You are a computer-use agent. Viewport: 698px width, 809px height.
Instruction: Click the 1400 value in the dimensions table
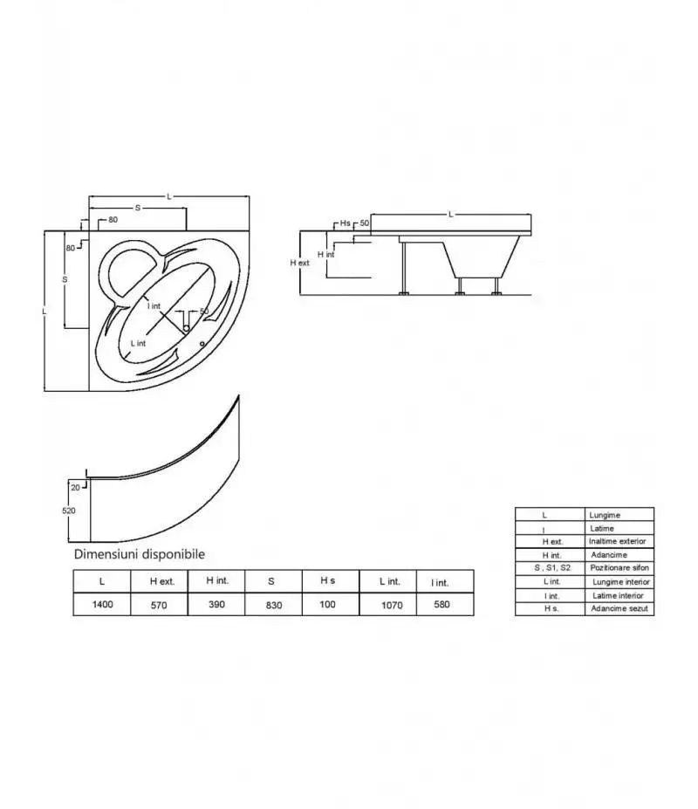pos(102,604)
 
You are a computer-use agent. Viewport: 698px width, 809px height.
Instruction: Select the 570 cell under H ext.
pos(159,605)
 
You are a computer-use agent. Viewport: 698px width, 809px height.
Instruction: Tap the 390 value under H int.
pos(216,604)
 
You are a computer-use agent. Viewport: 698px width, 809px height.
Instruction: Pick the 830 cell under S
pos(274,605)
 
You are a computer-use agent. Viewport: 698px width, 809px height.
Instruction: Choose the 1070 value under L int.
pos(392,605)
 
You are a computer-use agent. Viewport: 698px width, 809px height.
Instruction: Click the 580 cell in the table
pos(441,604)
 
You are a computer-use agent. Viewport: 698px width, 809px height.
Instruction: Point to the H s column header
pos(327,580)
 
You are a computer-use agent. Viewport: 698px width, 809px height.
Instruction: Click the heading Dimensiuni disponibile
pos(140,554)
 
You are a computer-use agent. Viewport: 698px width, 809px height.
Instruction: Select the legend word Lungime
pos(605,515)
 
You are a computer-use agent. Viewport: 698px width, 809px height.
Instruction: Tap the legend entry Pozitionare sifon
pos(619,567)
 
